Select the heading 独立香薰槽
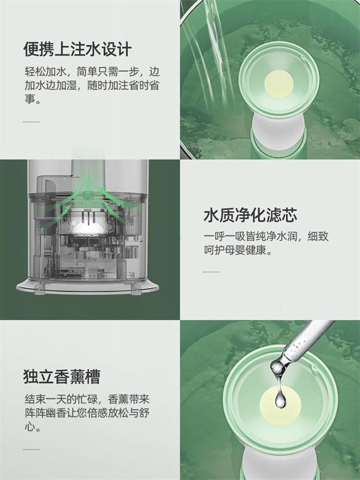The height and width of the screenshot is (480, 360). [62, 377]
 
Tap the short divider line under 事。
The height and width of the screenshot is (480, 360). [31, 121]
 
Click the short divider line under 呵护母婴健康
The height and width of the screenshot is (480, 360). [211, 272]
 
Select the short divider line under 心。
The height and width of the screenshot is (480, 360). [31, 449]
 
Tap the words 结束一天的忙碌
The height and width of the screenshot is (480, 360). [61, 400]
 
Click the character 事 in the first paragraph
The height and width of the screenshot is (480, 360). [30, 99]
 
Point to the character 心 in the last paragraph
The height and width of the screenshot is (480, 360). [30, 427]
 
